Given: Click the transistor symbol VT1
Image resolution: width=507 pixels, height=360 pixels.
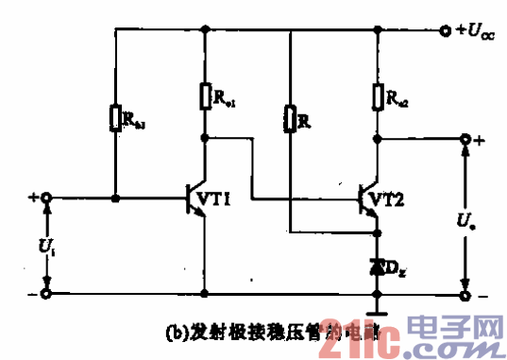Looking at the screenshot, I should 198,199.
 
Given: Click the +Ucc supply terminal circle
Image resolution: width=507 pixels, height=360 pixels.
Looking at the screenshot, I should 446,30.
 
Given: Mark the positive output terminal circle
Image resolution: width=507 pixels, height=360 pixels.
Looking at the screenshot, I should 465,140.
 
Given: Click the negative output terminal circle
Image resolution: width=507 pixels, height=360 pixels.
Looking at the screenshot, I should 465,294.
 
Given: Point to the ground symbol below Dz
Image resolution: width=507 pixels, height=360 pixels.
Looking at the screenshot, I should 377,308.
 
